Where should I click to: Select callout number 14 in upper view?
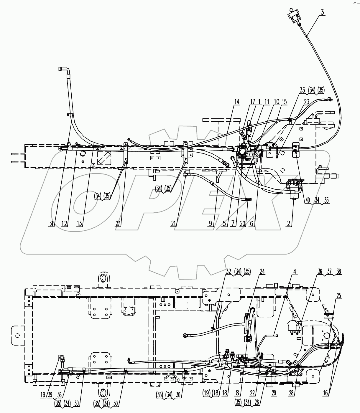click(237, 101)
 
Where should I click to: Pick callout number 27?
click(118, 224)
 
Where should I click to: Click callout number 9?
click(211, 224)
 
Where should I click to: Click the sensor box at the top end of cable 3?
click(294, 14)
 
